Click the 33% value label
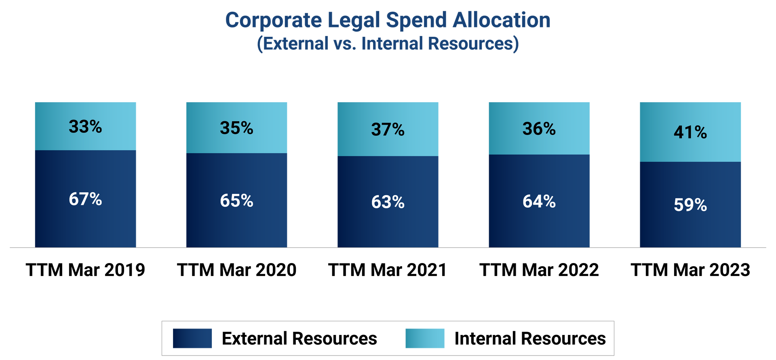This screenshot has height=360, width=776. point(85,126)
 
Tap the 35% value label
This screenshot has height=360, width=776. point(236,128)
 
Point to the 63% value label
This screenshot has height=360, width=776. point(388,202)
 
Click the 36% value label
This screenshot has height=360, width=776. point(539,129)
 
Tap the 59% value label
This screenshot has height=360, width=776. point(690,205)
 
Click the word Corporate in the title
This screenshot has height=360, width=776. point(273,20)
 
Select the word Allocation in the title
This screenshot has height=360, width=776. point(501,20)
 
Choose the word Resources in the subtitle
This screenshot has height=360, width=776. point(471,44)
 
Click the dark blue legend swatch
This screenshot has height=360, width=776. point(192,338)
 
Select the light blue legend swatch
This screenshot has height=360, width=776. point(425,338)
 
